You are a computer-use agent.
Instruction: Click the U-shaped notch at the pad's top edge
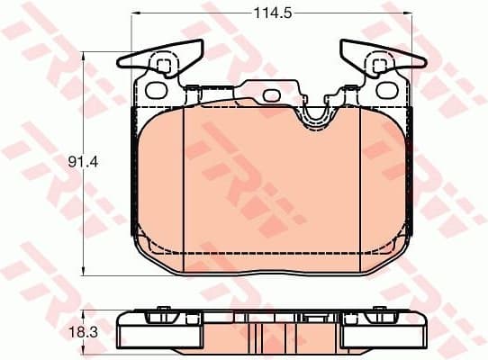tap(315, 115)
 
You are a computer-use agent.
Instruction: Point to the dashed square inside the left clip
tap(163, 65)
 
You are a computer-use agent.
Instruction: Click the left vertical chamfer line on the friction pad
tap(184, 180)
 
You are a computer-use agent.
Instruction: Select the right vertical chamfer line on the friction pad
tap(360, 180)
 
